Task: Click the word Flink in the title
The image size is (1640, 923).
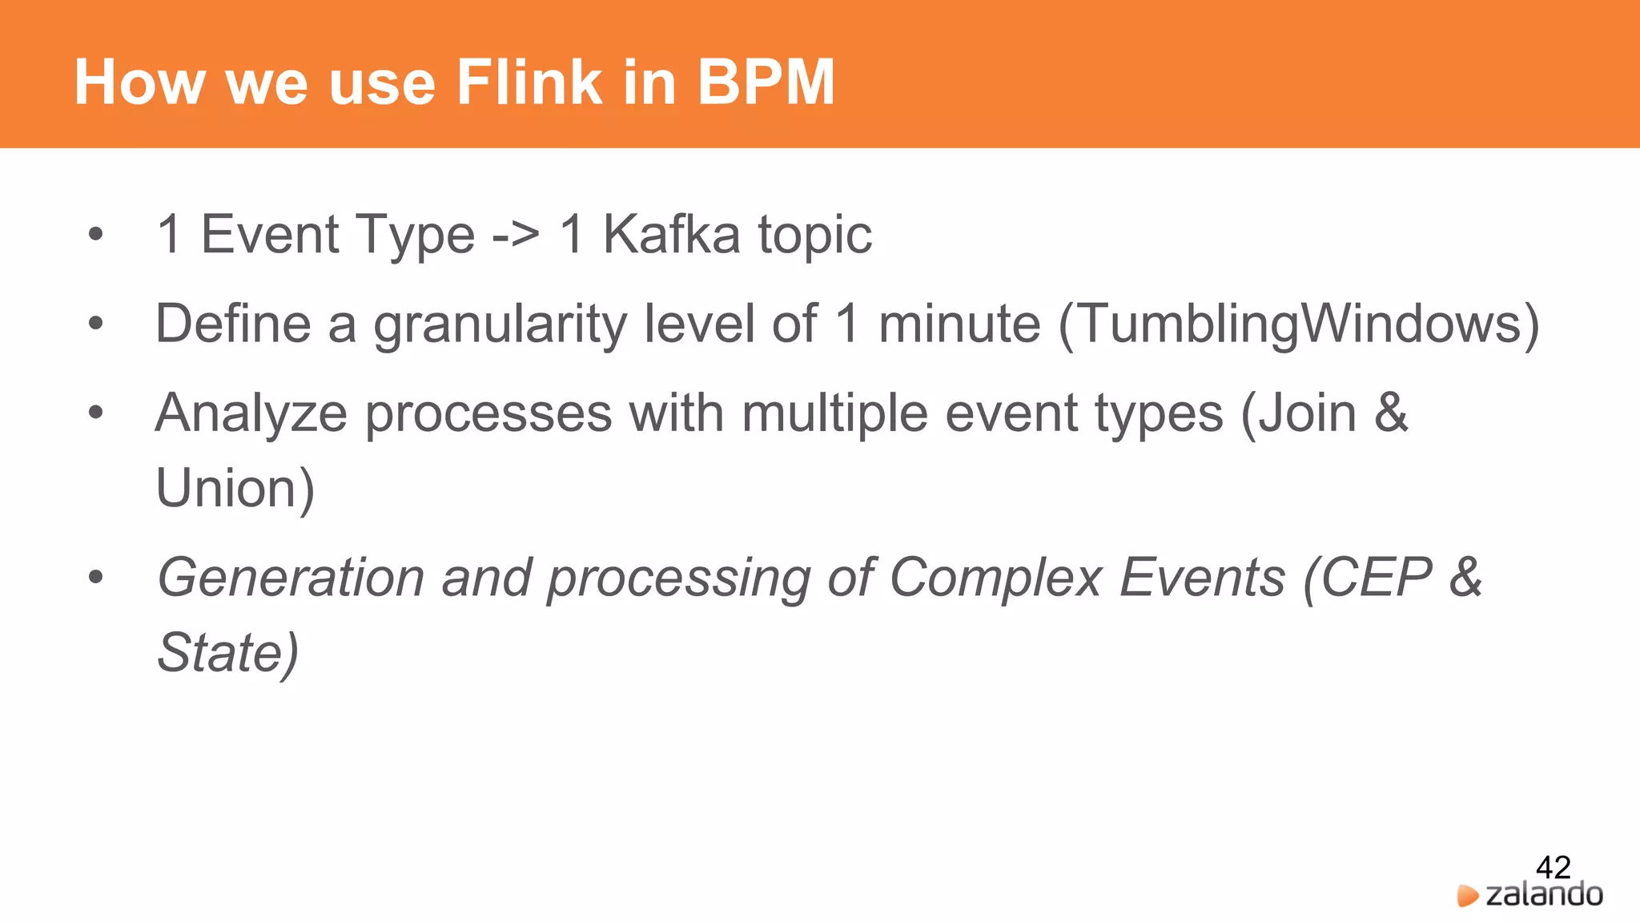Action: (x=529, y=82)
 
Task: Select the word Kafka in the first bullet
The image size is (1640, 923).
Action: (x=671, y=235)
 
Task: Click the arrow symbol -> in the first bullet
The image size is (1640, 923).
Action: (x=515, y=235)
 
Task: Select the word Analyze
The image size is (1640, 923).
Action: (x=251, y=414)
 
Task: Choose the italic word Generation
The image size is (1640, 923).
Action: (x=291, y=578)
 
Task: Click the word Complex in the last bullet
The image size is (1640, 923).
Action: (x=995, y=578)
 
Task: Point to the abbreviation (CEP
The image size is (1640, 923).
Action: (x=1368, y=578)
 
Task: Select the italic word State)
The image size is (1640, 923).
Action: (x=228, y=652)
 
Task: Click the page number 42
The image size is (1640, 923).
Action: (x=1553, y=867)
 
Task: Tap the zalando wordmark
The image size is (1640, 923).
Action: (x=1544, y=895)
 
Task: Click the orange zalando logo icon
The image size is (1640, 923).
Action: (x=1467, y=896)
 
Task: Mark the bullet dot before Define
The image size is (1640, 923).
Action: (x=96, y=324)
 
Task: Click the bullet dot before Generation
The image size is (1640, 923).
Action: (x=96, y=578)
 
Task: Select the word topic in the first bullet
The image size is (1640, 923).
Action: (x=814, y=235)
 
